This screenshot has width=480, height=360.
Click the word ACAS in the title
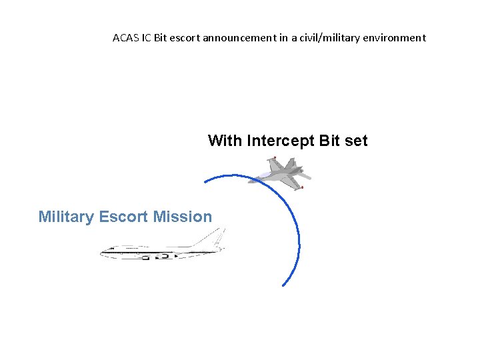[125, 38]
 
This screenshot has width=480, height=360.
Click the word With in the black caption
[225, 141]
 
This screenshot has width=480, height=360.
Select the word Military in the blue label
[67, 217]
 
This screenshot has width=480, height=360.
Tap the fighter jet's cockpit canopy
[261, 175]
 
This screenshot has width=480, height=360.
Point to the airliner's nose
[103, 252]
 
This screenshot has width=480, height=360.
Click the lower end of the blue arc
[283, 285]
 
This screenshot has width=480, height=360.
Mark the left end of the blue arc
[204, 182]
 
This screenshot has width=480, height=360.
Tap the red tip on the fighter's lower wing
[301, 187]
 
